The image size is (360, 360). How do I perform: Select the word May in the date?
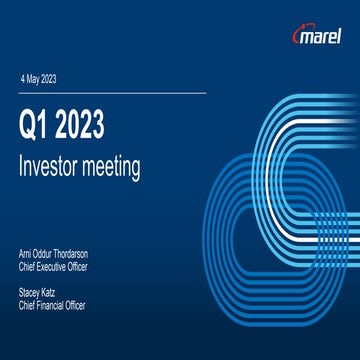(35, 79)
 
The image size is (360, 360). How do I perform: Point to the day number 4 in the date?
(23, 79)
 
